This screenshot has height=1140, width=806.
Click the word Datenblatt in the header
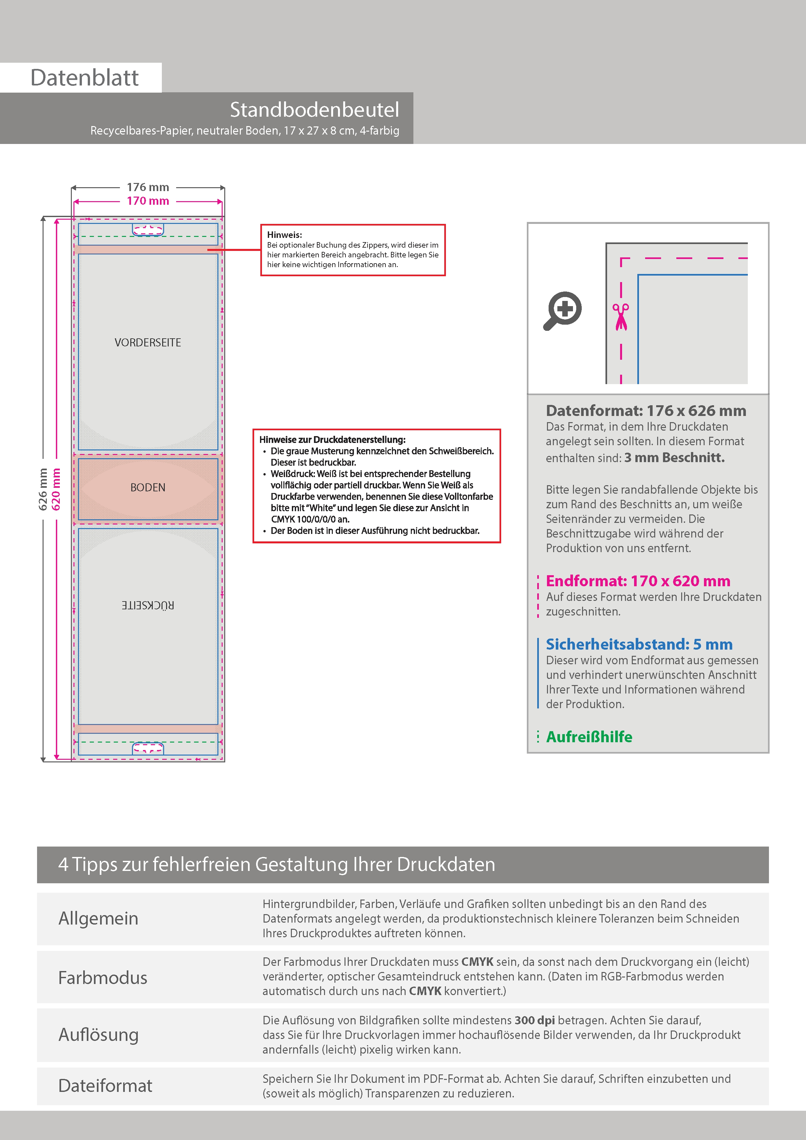[x=84, y=78]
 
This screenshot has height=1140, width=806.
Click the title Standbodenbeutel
[x=314, y=110]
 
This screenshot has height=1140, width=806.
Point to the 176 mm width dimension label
[x=148, y=187]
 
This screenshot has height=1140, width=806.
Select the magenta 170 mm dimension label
[x=148, y=201]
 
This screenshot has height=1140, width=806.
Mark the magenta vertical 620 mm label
[x=56, y=489]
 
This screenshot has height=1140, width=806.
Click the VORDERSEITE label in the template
[x=148, y=343]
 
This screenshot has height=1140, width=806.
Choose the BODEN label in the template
[x=148, y=487]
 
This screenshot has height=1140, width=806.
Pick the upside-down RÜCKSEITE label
[x=148, y=605]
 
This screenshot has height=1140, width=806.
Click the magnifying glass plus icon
[x=562, y=311]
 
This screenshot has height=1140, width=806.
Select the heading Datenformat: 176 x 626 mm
[x=645, y=411]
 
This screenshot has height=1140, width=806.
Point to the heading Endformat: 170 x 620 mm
[x=638, y=581]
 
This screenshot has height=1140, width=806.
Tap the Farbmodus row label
[x=103, y=978]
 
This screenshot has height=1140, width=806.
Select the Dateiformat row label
[x=105, y=1086]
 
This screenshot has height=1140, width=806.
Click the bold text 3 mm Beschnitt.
[x=674, y=458]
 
